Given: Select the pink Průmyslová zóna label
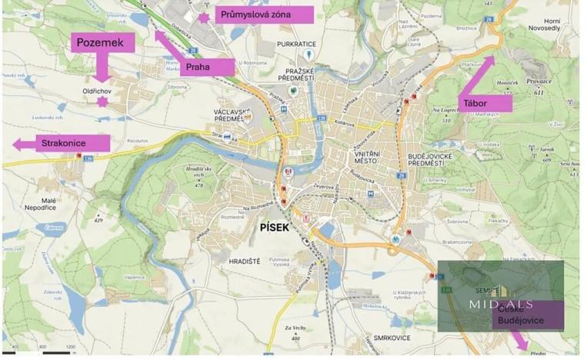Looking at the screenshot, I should [x=264, y=14].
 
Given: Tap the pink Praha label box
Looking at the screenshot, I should [x=208, y=67].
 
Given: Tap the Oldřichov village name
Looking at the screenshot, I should [x=98, y=91].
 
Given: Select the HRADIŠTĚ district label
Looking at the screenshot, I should [x=245, y=262].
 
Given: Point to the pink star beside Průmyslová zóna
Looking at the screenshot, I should [x=204, y=16].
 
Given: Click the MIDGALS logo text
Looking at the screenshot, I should [x=501, y=304].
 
